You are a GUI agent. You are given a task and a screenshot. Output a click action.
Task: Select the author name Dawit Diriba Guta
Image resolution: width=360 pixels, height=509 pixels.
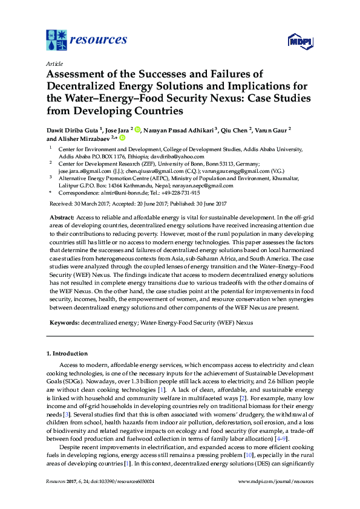tap(73, 129)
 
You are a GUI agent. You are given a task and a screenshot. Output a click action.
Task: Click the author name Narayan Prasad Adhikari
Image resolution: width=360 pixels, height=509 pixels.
tap(181, 129)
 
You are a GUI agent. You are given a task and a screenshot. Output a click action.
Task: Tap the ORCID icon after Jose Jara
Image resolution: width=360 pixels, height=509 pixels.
tap(137, 129)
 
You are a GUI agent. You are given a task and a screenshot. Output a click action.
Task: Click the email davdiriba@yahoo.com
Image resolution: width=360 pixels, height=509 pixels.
tap(148, 155)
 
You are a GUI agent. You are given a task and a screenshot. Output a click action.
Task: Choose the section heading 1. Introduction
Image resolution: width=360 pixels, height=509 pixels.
tap(71, 352)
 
